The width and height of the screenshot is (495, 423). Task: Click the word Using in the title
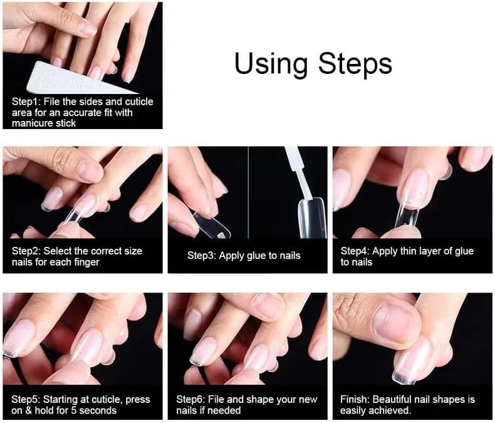pyautogui.click(x=271, y=64)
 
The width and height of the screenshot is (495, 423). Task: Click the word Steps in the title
pyautogui.click(x=355, y=64)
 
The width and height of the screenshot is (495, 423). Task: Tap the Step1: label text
pyautogui.click(x=26, y=102)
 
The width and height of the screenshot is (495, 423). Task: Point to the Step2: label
pyautogui.click(x=26, y=251)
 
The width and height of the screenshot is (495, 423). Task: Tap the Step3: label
pyautogui.click(x=202, y=256)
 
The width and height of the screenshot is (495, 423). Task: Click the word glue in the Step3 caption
pyautogui.click(x=253, y=256)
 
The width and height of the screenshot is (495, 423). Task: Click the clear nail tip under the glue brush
pyautogui.click(x=311, y=218)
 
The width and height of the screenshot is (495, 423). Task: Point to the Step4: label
pyautogui.click(x=355, y=251)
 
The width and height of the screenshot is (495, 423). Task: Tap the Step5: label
pyautogui.click(x=26, y=400)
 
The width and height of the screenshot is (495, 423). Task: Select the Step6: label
pyautogui.click(x=190, y=400)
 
